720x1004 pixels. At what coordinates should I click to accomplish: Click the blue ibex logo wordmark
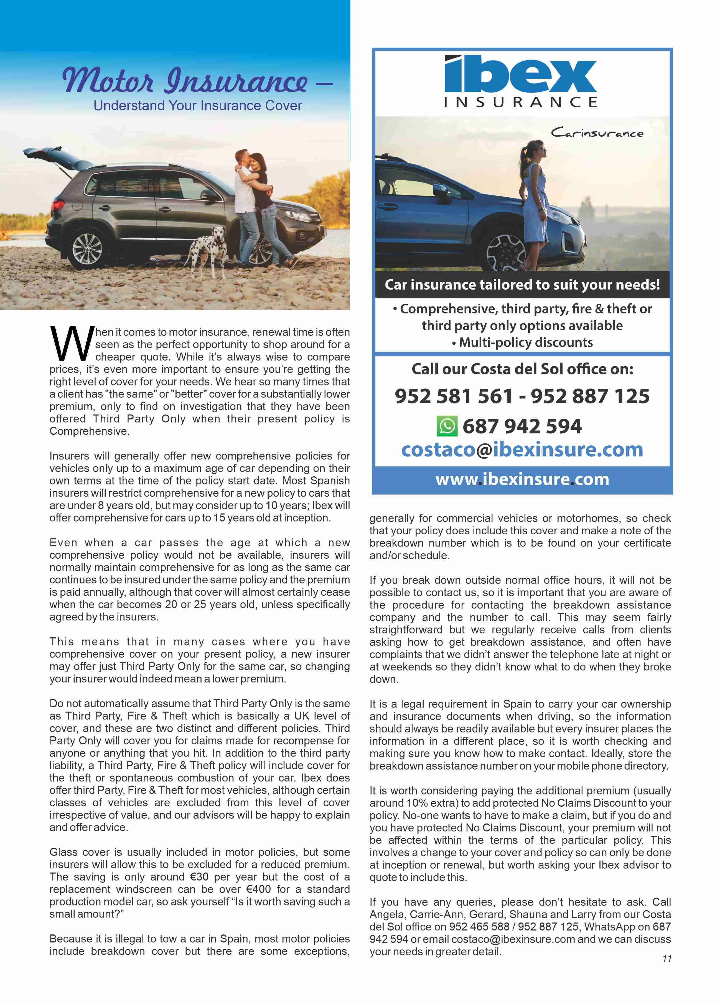(x=520, y=74)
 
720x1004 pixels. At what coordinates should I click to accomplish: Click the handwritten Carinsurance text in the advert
(x=597, y=132)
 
